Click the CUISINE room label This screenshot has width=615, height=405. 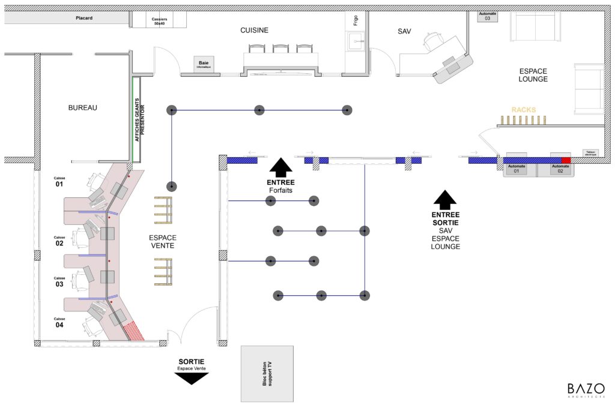(x=254, y=31)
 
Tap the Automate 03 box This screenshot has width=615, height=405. (x=487, y=16)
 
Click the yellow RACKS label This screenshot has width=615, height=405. (x=523, y=110)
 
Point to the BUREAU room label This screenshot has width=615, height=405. (x=82, y=108)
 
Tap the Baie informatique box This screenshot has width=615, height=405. (x=204, y=64)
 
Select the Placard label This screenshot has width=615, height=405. (x=84, y=19)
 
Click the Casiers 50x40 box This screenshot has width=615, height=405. (x=159, y=21)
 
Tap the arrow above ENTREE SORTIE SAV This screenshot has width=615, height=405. (x=444, y=199)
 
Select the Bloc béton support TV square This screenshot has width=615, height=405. (x=267, y=373)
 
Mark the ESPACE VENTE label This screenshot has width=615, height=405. (x=163, y=242)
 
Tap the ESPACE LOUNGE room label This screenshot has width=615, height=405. (x=533, y=75)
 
